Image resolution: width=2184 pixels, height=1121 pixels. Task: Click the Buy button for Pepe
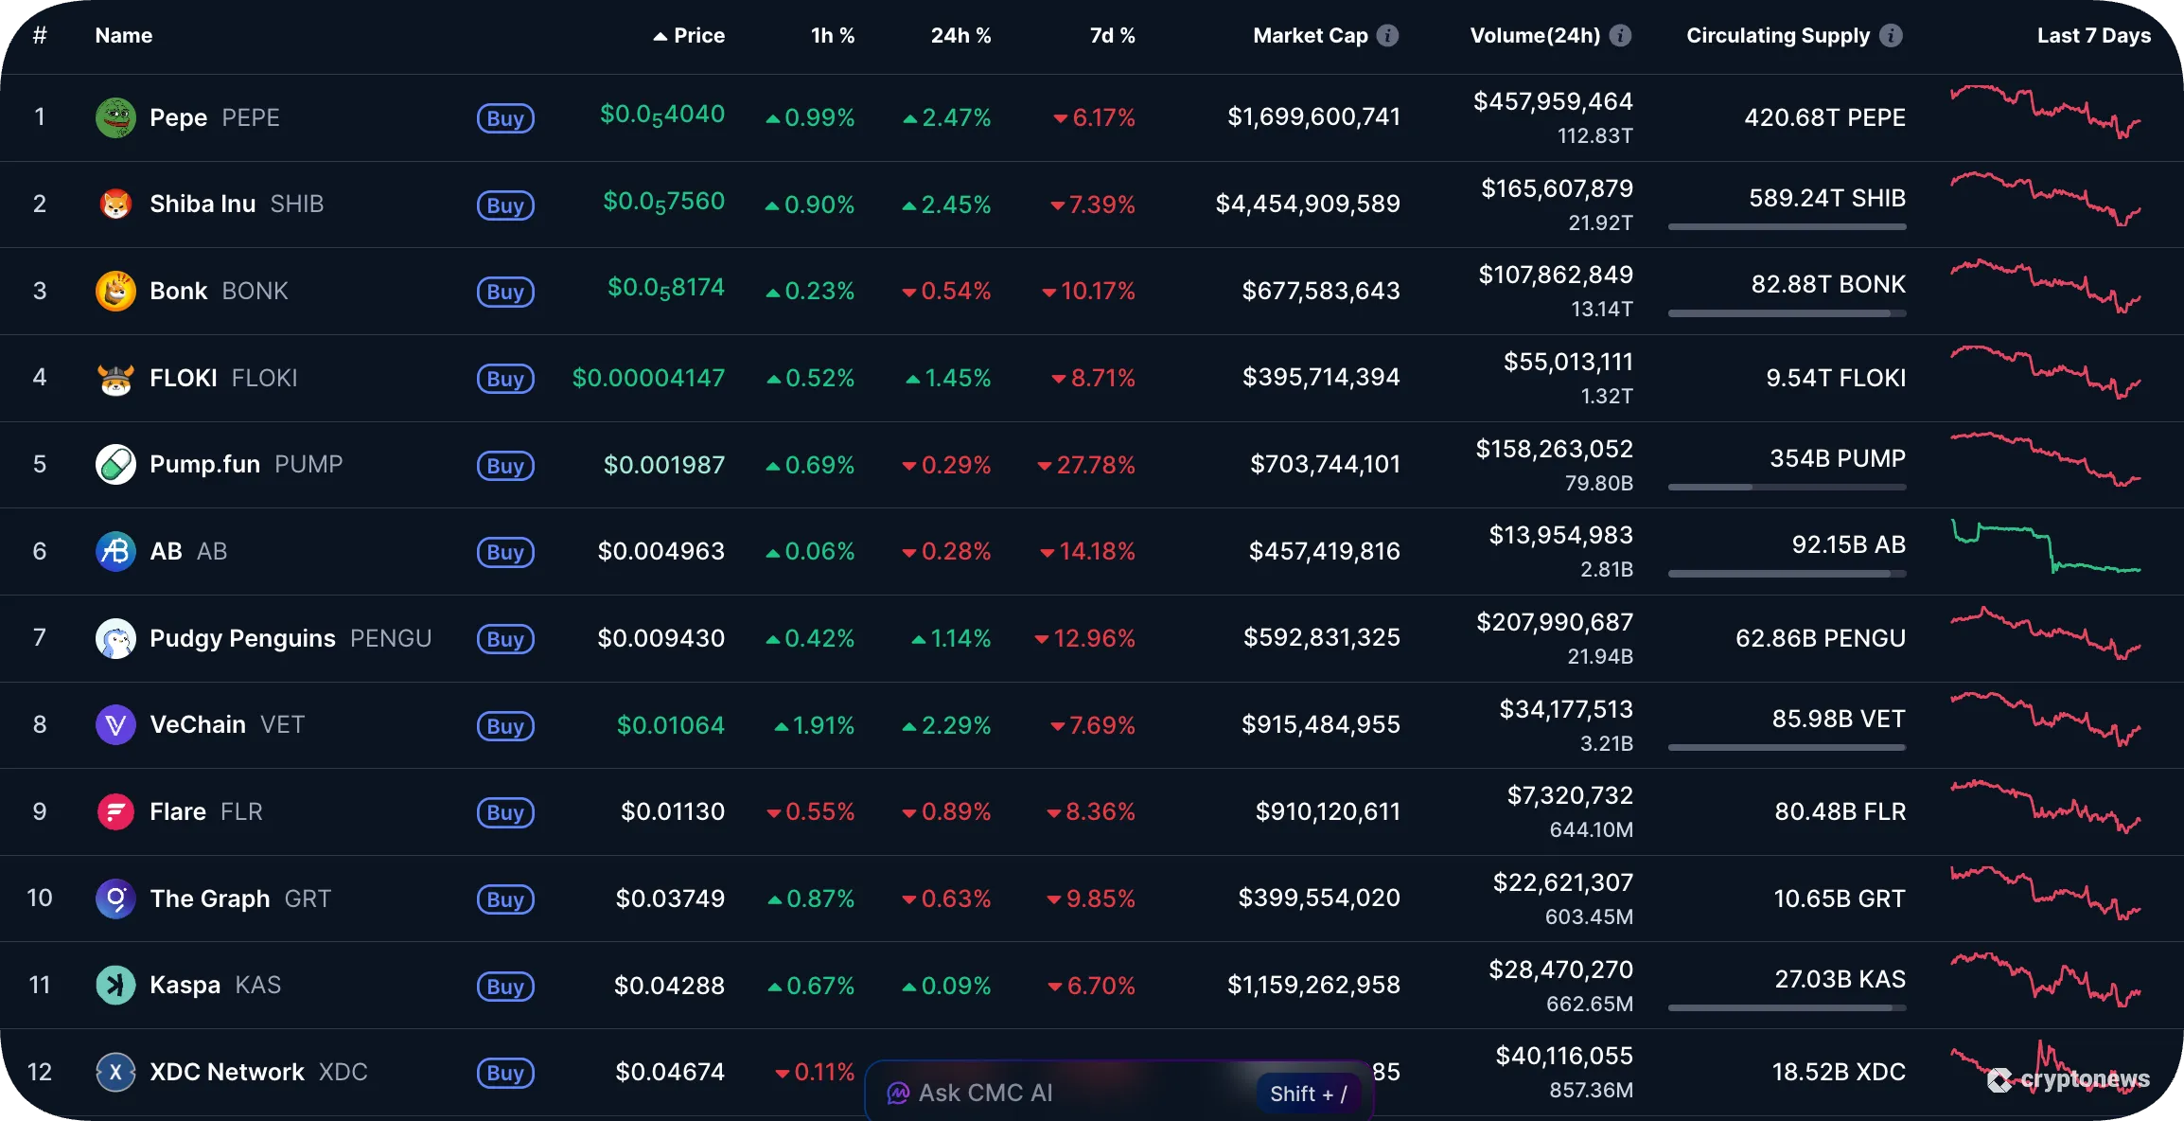pos(505,118)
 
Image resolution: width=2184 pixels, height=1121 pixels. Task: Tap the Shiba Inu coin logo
pos(115,204)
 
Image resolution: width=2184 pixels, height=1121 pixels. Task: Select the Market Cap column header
pos(1310,36)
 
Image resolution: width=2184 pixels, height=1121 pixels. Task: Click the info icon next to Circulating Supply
pos(1891,36)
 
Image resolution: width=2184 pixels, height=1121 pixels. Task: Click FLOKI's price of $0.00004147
pos(648,378)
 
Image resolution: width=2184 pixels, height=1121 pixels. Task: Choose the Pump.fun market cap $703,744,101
pos(1325,464)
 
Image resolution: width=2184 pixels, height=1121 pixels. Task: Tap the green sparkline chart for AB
pos(2045,549)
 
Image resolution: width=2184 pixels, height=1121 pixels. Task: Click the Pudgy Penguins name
pos(242,638)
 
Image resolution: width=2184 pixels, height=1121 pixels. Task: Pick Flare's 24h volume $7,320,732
pos(1570,795)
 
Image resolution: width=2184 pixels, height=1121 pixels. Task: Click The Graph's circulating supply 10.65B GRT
pos(1839,899)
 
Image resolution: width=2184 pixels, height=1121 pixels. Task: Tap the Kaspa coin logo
pos(115,985)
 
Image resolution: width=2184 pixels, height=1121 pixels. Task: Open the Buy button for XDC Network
pos(505,1073)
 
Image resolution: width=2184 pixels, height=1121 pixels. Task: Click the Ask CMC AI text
pos(985,1093)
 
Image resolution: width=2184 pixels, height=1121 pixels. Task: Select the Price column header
pos(698,36)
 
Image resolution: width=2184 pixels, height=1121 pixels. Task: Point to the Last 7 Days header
pos(2093,36)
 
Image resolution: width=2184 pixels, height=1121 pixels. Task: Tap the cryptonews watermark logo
pos(2069,1079)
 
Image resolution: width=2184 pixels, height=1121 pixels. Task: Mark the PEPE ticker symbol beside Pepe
pos(251,117)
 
